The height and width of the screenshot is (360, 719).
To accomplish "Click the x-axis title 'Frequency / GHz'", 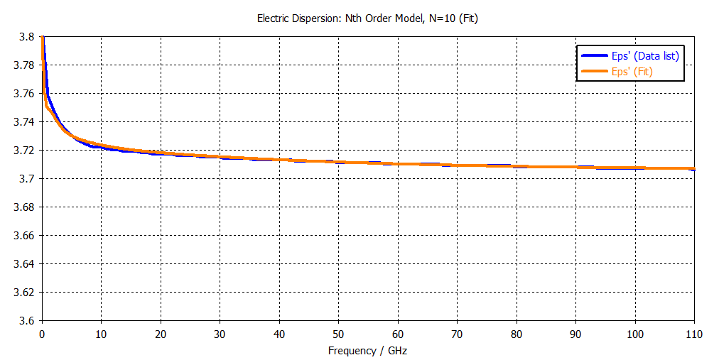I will pyautogui.click(x=367, y=351).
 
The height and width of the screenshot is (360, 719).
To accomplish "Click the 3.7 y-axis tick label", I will pyautogui.click(x=28, y=179).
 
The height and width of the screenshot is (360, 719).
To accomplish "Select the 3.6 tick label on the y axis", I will pyautogui.click(x=28, y=320).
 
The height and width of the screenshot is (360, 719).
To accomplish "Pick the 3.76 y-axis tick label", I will pyautogui.click(x=26, y=94).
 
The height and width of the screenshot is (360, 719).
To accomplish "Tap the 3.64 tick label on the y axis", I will pyautogui.click(x=26, y=263).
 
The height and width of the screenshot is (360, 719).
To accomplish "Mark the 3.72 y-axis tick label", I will pyautogui.click(x=26, y=151).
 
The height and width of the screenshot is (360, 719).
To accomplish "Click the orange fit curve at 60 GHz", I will pyautogui.click(x=398, y=164).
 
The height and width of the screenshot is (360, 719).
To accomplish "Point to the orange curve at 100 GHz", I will pyautogui.click(x=635, y=168).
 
